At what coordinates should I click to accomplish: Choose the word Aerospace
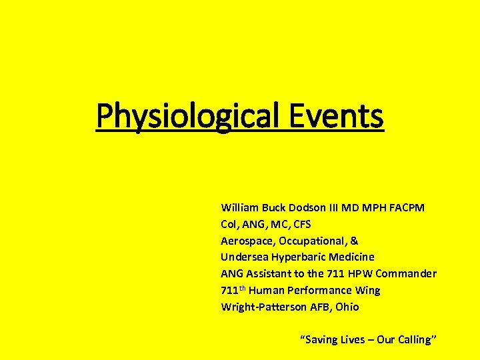247,241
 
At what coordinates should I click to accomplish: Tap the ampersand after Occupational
354,241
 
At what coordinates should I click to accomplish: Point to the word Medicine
351,257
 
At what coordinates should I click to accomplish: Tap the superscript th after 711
243,288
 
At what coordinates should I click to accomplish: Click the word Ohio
347,307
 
